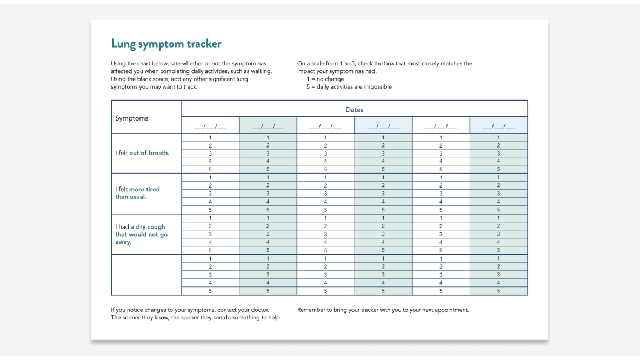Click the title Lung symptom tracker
pyautogui.click(x=166, y=44)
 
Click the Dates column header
pyautogui.click(x=354, y=110)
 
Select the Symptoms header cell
pyautogui.click(x=131, y=118)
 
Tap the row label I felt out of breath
pyautogui.click(x=142, y=153)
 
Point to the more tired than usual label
pyautogui.click(x=137, y=193)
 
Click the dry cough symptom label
pyautogui.click(x=141, y=234)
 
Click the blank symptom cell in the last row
pyautogui.click(x=146, y=275)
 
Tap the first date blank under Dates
pyautogui.click(x=210, y=126)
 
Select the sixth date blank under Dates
pyautogui.click(x=498, y=126)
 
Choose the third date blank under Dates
pyautogui.click(x=325, y=126)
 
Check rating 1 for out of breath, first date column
pyautogui.click(x=210, y=137)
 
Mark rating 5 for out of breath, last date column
pyautogui.click(x=498, y=169)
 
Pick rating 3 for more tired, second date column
pyautogui.click(x=268, y=194)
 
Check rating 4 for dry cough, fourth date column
pyautogui.click(x=383, y=242)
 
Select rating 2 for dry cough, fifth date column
pyautogui.click(x=441, y=226)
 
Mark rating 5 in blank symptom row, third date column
pyautogui.click(x=325, y=291)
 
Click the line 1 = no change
pyautogui.click(x=325, y=79)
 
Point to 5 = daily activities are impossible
pyautogui.click(x=349, y=86)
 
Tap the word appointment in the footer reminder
pyautogui.click(x=451, y=310)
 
